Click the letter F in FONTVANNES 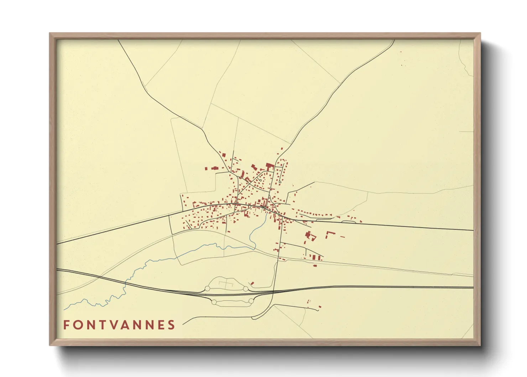(x=66, y=325)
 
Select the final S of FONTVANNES (x=172, y=325)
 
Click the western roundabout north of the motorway (x=208, y=289)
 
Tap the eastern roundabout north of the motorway (x=246, y=289)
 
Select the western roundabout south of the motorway (x=214, y=302)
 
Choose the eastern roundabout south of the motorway (x=251, y=301)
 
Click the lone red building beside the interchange (x=252, y=283)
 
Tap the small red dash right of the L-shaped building (x=343, y=237)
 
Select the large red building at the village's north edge (x=269, y=166)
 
